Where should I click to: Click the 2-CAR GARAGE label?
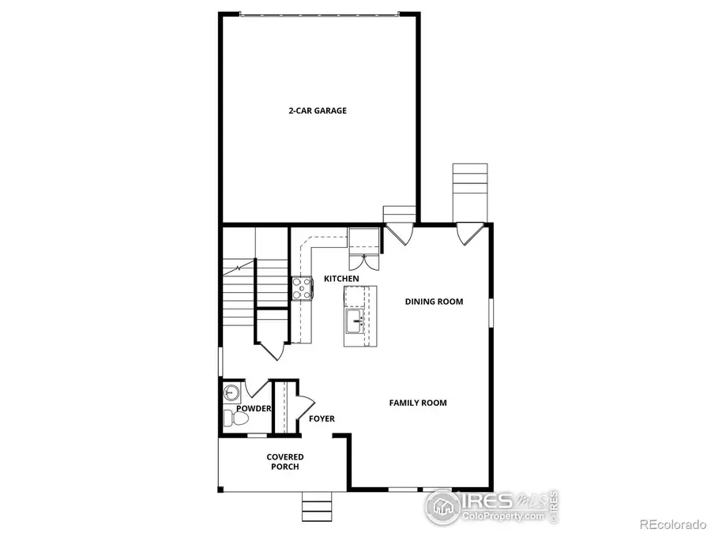tap(317, 111)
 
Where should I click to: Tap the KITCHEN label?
tap(341, 279)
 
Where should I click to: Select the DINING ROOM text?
tap(434, 301)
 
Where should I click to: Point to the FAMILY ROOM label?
tap(418, 403)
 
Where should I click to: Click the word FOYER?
tap(322, 419)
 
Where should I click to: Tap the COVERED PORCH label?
tap(284, 461)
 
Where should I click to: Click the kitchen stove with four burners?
tap(302, 288)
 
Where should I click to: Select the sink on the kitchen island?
tap(355, 320)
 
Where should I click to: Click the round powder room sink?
tap(231, 391)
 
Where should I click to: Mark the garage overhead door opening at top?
tap(319, 13)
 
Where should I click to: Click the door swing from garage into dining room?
tap(398, 234)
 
